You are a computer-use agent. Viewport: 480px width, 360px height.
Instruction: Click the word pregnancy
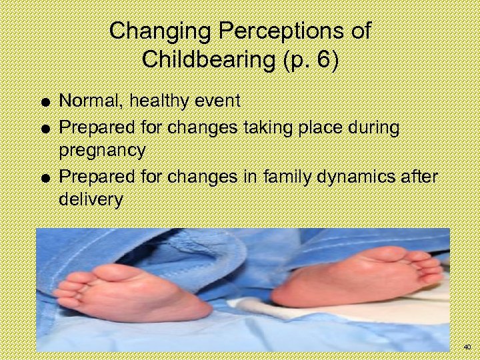[x=102, y=151]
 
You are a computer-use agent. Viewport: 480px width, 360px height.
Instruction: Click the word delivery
[x=91, y=200]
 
